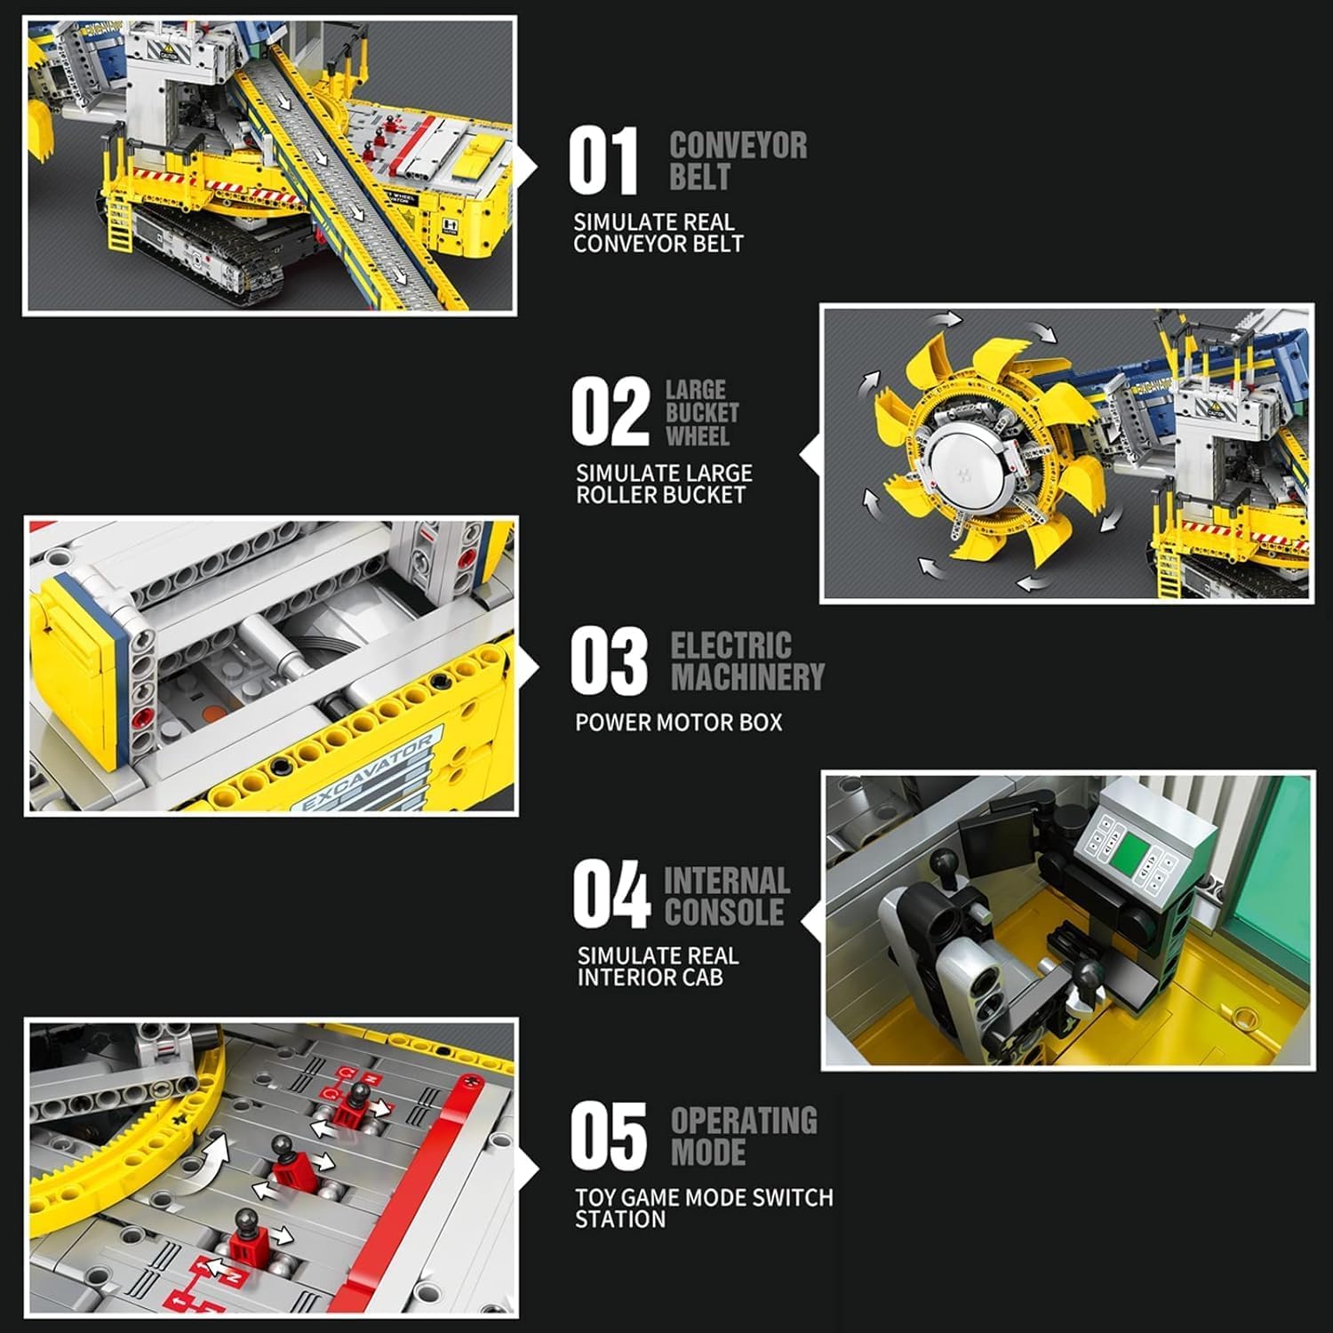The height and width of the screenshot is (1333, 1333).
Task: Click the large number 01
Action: (603, 161)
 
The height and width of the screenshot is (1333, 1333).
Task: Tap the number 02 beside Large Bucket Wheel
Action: (611, 411)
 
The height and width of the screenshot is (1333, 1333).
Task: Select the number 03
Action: (609, 660)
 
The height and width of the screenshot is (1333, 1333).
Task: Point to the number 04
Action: (611, 894)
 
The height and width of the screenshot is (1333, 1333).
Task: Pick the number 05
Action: (609, 1136)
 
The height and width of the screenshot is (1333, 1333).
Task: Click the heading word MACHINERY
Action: (748, 677)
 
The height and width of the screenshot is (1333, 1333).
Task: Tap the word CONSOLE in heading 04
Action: (724, 912)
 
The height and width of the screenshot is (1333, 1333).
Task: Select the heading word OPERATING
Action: (744, 1121)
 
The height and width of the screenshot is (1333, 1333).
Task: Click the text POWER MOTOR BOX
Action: (679, 722)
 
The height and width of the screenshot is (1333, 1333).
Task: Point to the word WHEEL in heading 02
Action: (698, 436)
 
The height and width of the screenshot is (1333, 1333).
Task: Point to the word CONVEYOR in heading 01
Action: (738, 146)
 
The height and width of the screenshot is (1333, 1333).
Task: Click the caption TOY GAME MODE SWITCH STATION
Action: (704, 1209)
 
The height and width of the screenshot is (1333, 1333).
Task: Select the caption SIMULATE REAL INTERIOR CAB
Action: (658, 967)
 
